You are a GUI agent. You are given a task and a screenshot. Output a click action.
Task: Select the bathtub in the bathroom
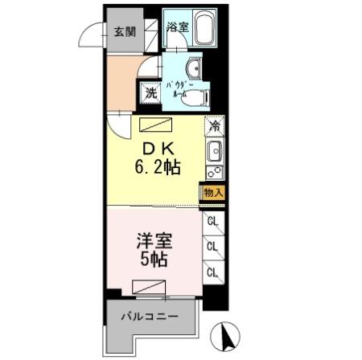204,30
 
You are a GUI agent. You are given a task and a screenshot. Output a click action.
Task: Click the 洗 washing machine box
150,92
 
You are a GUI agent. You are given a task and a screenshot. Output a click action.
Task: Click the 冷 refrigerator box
214,125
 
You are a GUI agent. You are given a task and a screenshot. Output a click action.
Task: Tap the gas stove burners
214,172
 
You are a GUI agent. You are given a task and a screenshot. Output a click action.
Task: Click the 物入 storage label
213,193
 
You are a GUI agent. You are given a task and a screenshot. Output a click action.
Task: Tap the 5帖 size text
154,260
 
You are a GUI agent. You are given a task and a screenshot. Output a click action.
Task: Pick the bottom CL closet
213,272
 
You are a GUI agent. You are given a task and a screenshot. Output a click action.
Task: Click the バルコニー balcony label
149,315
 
